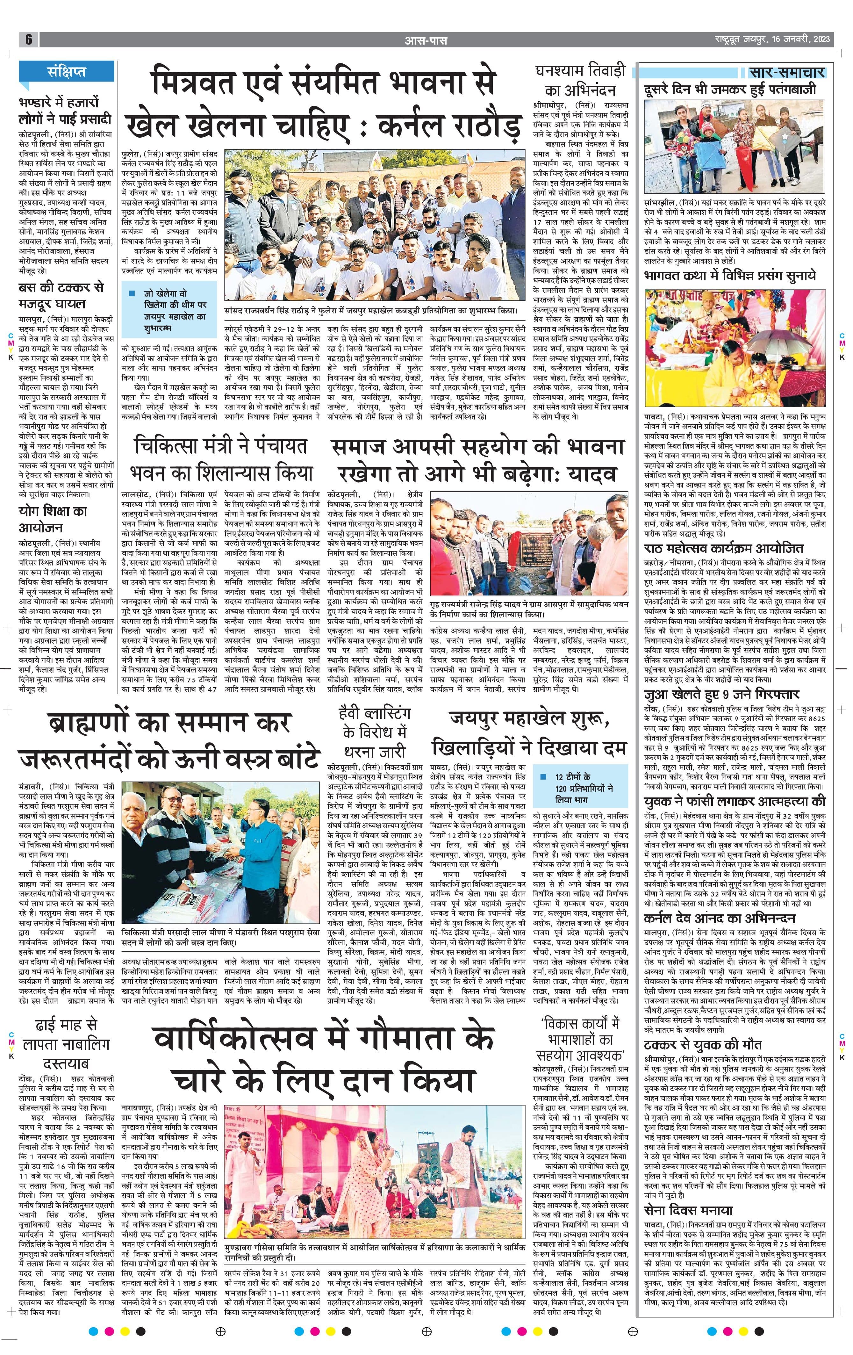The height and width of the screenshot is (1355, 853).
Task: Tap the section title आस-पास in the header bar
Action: [426, 40]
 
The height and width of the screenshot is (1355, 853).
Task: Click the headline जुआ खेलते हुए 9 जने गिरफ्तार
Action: [721, 694]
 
